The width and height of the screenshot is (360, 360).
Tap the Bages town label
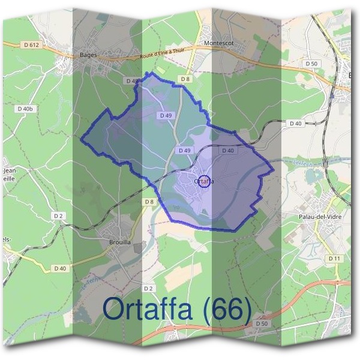(88, 53)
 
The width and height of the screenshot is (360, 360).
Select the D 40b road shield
(25, 109)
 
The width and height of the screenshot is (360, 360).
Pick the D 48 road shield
(132, 80)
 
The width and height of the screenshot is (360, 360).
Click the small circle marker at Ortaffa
(204, 181)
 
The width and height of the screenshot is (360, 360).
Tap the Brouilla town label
(118, 242)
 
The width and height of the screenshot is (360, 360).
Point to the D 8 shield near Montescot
(185, 79)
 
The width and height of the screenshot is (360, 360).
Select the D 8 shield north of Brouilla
(149, 202)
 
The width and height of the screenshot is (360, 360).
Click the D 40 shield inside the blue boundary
(227, 151)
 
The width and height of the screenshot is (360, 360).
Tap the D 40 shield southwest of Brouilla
(60, 268)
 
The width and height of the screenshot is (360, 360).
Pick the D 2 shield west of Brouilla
(58, 215)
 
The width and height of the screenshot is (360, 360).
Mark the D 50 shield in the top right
(311, 64)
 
